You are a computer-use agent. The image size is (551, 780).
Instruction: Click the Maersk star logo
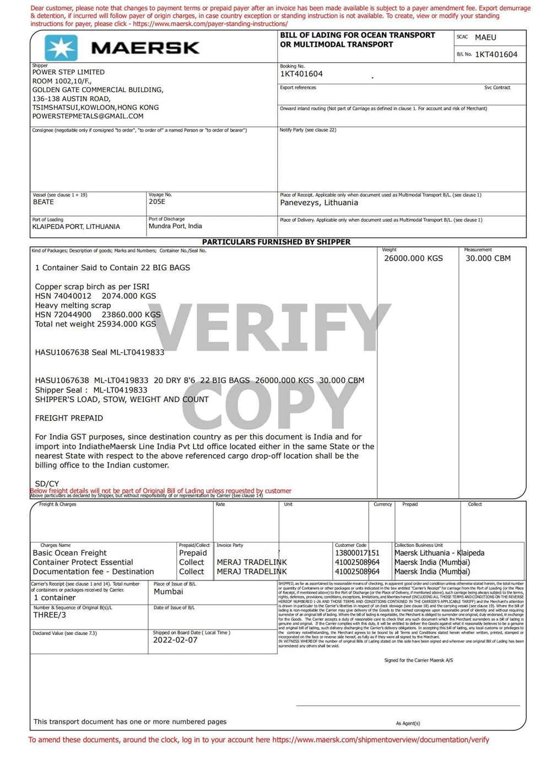[x=61, y=47]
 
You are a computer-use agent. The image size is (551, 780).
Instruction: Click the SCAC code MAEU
[x=485, y=37]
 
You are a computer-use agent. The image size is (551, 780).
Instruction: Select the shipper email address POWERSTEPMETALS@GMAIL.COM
[x=88, y=116]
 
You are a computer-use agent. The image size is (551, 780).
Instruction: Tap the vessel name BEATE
[x=44, y=202]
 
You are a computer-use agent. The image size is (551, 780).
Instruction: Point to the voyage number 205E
[x=157, y=202]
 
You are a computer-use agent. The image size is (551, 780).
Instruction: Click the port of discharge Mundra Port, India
[x=175, y=226]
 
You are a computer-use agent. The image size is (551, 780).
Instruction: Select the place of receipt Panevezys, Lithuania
[x=319, y=203]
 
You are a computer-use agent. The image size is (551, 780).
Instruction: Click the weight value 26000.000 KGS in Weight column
[x=413, y=259]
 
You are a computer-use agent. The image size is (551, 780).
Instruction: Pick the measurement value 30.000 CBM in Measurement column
[x=488, y=259]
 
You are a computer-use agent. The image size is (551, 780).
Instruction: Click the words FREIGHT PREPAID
[x=69, y=418]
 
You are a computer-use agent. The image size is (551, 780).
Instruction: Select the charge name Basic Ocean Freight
[x=70, y=553]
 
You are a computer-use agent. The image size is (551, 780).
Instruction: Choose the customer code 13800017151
[x=357, y=553]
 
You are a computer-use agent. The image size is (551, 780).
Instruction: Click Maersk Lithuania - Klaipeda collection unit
[x=439, y=553]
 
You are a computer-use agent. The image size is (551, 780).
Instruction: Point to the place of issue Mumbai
[x=169, y=591]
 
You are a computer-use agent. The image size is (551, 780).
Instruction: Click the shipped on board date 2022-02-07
[x=175, y=640]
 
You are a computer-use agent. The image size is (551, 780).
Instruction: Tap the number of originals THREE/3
[x=50, y=615]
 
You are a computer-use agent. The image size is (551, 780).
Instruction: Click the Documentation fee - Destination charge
[x=94, y=572]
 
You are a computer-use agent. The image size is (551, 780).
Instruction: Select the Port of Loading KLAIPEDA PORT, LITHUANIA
[x=76, y=227]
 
